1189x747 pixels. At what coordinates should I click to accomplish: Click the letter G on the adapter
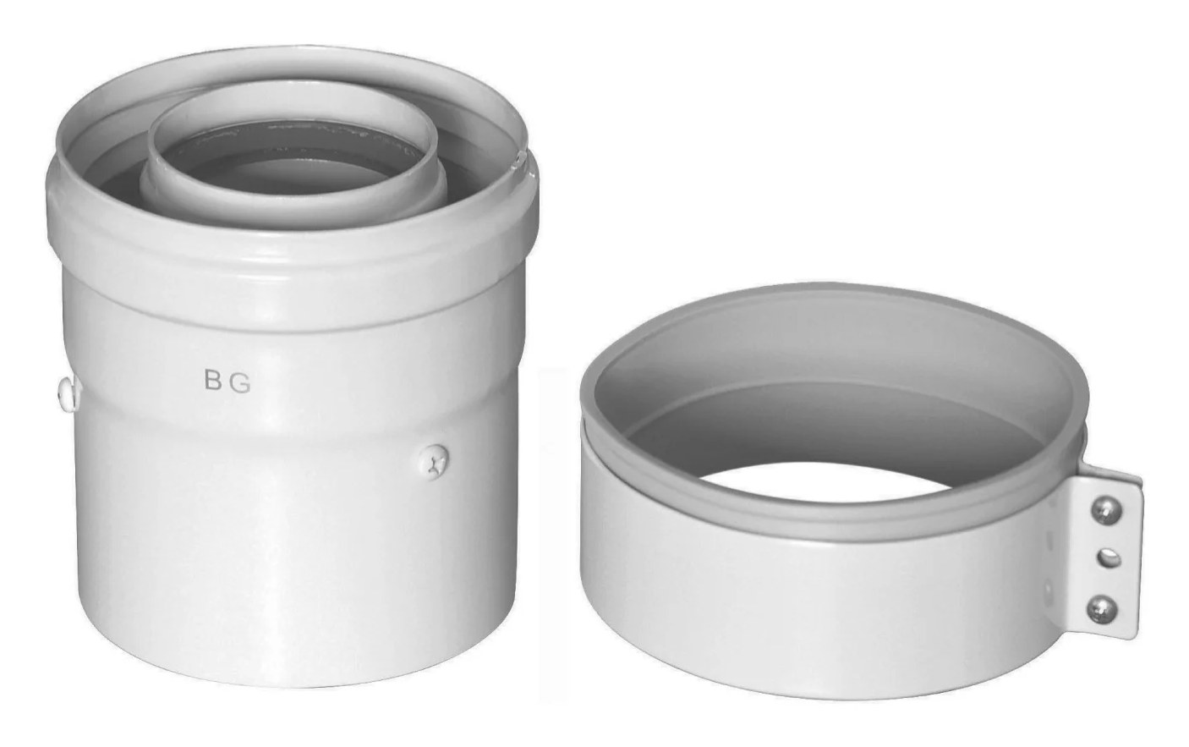pos(241,383)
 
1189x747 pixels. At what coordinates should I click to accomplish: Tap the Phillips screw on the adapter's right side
pos(434,462)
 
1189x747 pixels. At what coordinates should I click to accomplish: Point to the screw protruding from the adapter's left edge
pos(68,393)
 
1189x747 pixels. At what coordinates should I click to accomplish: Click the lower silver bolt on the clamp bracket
pos(1101,608)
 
